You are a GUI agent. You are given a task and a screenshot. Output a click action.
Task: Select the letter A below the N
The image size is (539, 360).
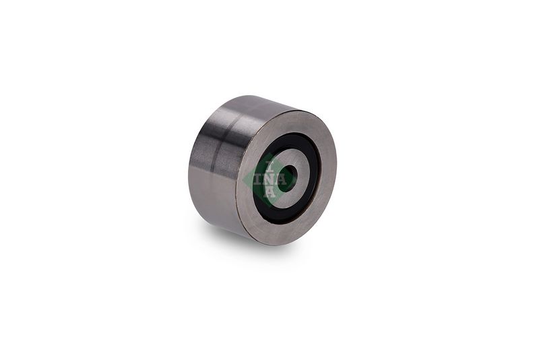click(270, 192)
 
